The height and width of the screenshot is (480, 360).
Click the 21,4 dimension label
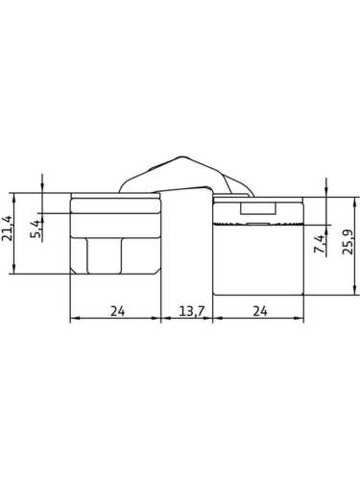click(x=7, y=228)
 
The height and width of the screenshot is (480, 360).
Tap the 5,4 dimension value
click(x=36, y=228)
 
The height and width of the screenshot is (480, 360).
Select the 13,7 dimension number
click(x=191, y=311)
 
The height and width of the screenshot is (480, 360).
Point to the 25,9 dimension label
click(x=348, y=242)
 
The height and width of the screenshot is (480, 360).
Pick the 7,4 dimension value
click(x=320, y=244)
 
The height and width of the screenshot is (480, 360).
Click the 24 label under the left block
click(x=117, y=311)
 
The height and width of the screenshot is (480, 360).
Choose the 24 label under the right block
click(x=260, y=311)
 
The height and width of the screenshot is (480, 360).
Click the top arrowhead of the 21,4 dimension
click(x=13, y=197)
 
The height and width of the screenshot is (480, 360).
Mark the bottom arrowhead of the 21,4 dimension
click(x=13, y=270)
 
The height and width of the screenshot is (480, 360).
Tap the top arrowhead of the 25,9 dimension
click(x=355, y=202)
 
